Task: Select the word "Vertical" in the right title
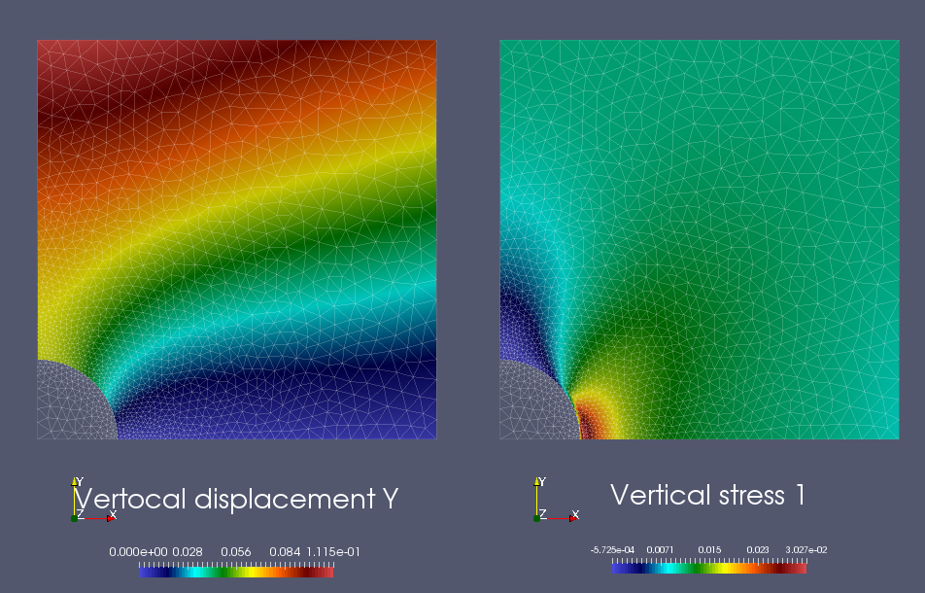pos(656,495)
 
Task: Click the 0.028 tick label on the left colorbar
pos(188,552)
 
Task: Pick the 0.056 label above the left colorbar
pos(236,552)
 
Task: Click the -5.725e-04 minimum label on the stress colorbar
pos(614,549)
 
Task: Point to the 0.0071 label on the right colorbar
pos(667,549)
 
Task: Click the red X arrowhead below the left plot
pos(111,517)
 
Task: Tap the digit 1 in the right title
pos(800,495)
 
